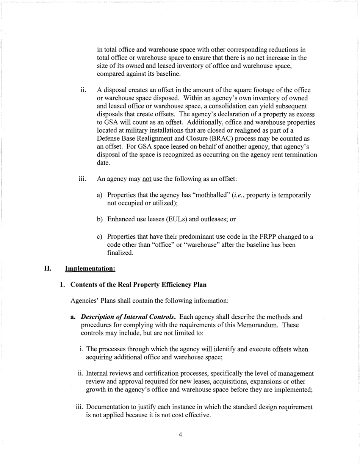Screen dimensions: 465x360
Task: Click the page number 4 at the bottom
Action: pyautogui.click(x=180, y=435)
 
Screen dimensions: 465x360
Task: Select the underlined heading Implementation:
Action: pyautogui.click(x=90, y=268)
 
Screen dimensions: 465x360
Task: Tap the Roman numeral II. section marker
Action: pyautogui.click(x=48, y=268)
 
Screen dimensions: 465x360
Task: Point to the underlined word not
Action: pyautogui.click(x=147, y=179)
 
